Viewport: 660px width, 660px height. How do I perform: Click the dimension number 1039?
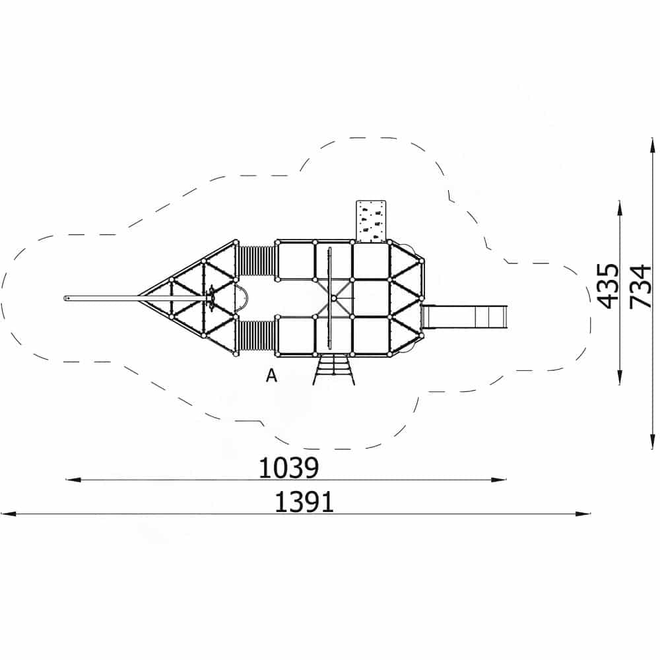(x=288, y=468)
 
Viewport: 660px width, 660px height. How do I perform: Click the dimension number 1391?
(x=304, y=502)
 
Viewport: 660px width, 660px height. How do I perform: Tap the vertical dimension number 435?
(x=609, y=286)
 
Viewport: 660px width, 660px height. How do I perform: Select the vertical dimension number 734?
(x=640, y=286)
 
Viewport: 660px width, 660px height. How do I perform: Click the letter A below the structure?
(x=271, y=375)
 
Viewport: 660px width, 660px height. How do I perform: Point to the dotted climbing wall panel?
(x=371, y=221)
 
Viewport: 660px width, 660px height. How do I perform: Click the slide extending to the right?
(x=464, y=317)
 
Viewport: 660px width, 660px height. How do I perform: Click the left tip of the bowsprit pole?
(x=65, y=298)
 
